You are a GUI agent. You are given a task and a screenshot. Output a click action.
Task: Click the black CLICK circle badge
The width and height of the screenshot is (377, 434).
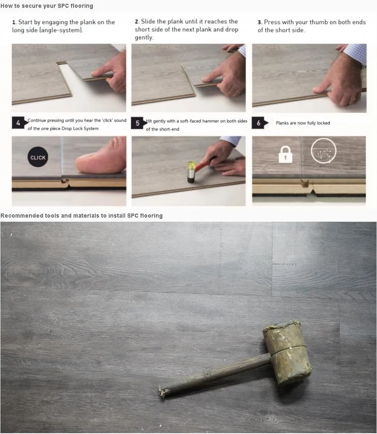(38, 157)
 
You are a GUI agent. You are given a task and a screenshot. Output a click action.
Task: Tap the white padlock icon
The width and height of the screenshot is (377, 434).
(285, 154)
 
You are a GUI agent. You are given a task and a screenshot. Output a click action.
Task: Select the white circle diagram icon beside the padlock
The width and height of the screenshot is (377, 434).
(323, 151)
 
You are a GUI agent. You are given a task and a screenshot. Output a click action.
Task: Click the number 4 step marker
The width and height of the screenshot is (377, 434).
(19, 123)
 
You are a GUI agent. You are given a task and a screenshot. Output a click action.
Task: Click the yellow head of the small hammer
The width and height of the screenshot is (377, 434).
(192, 166)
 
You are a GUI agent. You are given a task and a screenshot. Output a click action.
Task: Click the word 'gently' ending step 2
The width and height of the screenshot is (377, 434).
(144, 38)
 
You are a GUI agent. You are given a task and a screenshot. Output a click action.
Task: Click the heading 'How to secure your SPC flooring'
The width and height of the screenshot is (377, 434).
(47, 6)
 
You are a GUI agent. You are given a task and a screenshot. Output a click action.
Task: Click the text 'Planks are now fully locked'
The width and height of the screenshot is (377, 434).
(303, 123)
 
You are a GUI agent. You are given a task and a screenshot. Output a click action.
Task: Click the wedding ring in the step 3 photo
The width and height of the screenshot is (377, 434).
(353, 98)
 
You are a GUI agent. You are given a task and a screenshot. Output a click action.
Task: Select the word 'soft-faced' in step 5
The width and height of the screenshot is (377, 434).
(191, 121)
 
